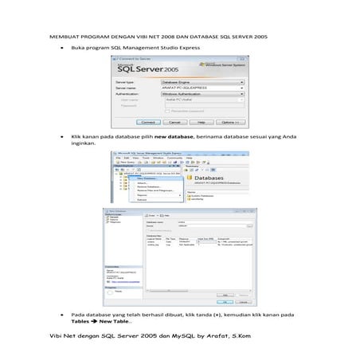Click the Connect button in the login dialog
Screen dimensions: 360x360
[x=149, y=122]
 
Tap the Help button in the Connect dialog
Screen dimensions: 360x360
[x=202, y=122]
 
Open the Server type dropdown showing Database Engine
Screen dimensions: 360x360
[x=202, y=81]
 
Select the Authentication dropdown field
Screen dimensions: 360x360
[x=202, y=93]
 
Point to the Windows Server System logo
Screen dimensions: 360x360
[x=224, y=65]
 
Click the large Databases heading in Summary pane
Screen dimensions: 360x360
[x=214, y=176]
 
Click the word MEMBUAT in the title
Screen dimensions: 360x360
[x=65, y=37]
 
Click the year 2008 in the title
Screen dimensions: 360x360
[x=170, y=37]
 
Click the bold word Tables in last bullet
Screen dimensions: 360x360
[x=80, y=322]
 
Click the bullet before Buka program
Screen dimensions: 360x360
[x=61, y=49]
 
